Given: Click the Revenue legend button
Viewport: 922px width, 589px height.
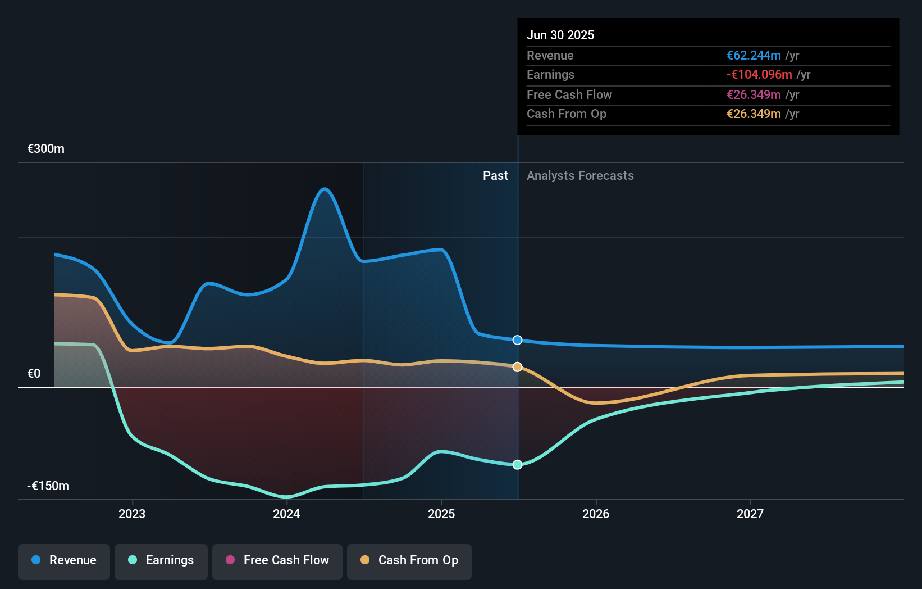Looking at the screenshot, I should [64, 561].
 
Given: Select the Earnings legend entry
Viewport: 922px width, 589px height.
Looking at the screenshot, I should [161, 561].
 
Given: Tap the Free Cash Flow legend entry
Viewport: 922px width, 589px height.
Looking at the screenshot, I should [277, 561].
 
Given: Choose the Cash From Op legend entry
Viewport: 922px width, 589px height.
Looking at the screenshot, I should [409, 561].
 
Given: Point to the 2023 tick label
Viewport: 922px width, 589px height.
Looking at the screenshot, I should [132, 514].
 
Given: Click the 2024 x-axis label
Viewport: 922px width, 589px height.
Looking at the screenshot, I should [286, 514].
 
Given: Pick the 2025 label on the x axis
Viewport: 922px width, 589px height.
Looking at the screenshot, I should [441, 514].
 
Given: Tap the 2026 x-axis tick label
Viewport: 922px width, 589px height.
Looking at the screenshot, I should [596, 514].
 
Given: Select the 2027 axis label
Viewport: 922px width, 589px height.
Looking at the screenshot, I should [750, 514].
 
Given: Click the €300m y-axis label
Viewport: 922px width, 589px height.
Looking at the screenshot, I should [46, 149].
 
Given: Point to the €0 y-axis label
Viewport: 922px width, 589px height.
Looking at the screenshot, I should [34, 374].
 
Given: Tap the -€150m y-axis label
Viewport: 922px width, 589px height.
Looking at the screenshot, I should [48, 486].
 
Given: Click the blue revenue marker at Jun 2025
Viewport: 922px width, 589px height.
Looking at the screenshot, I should [518, 340].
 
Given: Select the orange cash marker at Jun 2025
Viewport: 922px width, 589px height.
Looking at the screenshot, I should [518, 367].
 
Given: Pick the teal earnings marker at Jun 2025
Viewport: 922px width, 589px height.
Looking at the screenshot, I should [518, 465].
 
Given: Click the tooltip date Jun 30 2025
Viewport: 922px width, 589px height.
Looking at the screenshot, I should [560, 35].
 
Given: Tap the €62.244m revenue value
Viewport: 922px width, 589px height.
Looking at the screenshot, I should [754, 56].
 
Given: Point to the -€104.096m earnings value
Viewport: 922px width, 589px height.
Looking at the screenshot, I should [759, 75].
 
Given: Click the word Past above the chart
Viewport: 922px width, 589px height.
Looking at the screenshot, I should [495, 176].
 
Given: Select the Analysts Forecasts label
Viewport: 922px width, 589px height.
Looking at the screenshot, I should [580, 176].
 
